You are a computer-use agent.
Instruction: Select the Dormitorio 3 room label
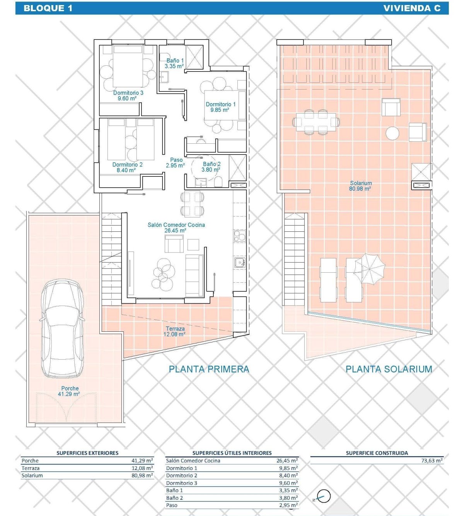coord(128,95)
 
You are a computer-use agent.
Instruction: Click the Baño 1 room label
coord(174,63)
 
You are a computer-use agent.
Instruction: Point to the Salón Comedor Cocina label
coord(176,228)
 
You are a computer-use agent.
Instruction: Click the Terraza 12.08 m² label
coord(175,331)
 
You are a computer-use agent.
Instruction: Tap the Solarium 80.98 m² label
coord(360,186)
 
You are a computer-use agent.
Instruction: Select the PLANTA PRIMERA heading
coord(209,369)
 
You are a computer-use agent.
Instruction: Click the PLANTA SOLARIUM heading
coord(389,369)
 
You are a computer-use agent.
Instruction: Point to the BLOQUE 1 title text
coord(48,8)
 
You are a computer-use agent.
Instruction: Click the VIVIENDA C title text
coord(412,8)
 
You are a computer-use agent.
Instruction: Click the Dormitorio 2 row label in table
coord(181,475)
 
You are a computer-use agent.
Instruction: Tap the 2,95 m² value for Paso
coord(288,505)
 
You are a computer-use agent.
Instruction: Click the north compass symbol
coord(323,496)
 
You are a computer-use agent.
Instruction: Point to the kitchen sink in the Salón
coord(240,263)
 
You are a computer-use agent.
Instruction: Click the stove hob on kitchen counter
coord(240,236)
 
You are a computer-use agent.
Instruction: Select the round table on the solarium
coord(392,133)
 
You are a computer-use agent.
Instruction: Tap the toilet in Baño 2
coord(218,182)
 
